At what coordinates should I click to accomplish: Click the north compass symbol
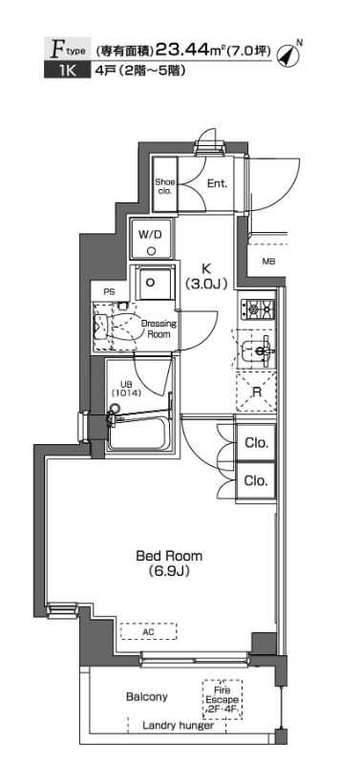pyautogui.click(x=287, y=54)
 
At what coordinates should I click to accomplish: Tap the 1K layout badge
pyautogui.click(x=67, y=71)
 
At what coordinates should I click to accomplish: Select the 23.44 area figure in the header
pyautogui.click(x=180, y=50)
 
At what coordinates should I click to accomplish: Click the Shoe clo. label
pyautogui.click(x=164, y=185)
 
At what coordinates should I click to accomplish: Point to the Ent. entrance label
pyautogui.click(x=218, y=183)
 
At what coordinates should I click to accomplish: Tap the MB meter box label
pyautogui.click(x=269, y=262)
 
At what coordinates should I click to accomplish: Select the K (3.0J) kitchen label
pyautogui.click(x=207, y=276)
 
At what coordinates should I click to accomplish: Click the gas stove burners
pyautogui.click(x=259, y=308)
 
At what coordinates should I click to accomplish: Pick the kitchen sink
pyautogui.click(x=257, y=350)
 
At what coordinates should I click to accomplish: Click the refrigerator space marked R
pyautogui.click(x=256, y=392)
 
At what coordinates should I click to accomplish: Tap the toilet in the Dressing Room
pyautogui.click(x=112, y=328)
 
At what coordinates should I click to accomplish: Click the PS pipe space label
pyautogui.click(x=109, y=292)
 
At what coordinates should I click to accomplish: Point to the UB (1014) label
pyautogui.click(x=126, y=387)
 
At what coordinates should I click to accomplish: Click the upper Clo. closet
pyautogui.click(x=256, y=443)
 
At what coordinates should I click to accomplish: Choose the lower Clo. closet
pyautogui.click(x=256, y=481)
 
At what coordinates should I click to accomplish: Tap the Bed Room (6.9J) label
pyautogui.click(x=169, y=562)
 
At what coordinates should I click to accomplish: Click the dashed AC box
pyautogui.click(x=149, y=631)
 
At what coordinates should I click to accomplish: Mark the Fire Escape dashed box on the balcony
pyautogui.click(x=222, y=700)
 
